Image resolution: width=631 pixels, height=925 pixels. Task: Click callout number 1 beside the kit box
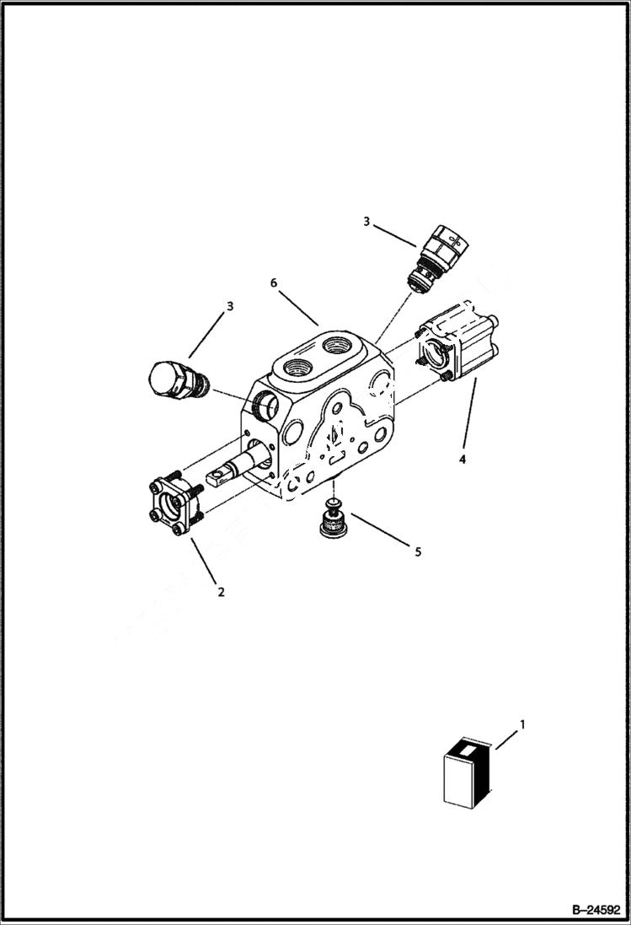click(x=522, y=723)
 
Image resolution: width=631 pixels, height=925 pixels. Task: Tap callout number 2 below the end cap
click(x=221, y=592)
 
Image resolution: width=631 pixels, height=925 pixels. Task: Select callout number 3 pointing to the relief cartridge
click(x=366, y=222)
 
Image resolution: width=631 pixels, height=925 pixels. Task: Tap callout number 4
click(x=461, y=460)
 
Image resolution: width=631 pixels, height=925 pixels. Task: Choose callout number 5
click(x=417, y=552)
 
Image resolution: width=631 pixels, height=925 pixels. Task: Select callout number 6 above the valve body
click(x=274, y=283)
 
